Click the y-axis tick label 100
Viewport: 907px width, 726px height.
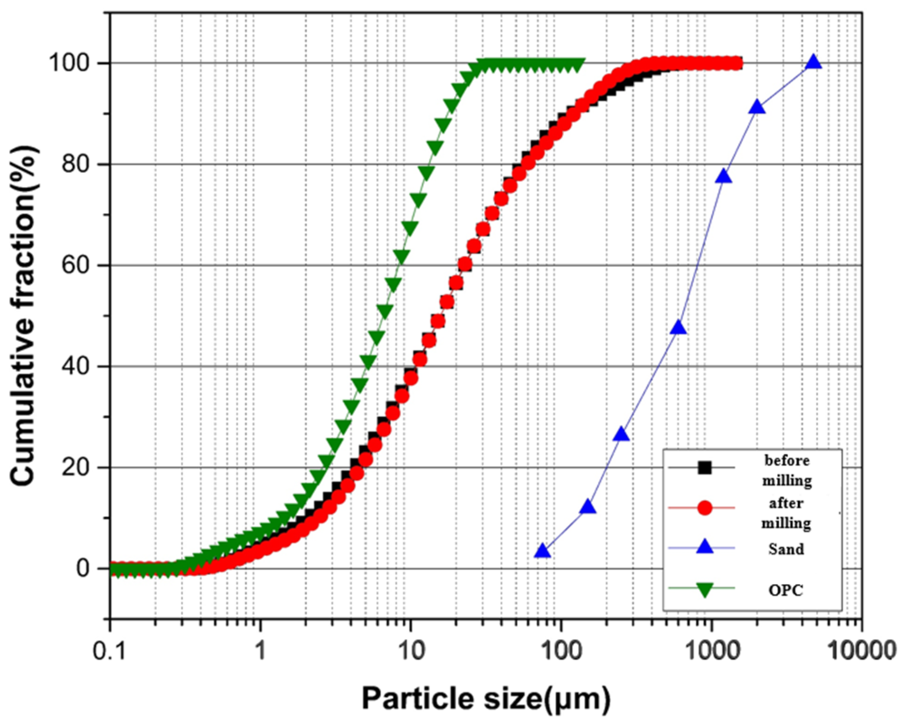click(x=69, y=62)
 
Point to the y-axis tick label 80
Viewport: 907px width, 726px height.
click(x=76, y=164)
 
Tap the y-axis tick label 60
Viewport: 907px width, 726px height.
click(x=76, y=265)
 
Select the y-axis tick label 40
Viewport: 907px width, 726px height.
click(x=76, y=366)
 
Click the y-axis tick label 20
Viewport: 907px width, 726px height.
click(x=76, y=467)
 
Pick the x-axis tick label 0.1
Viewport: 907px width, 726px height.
click(x=109, y=651)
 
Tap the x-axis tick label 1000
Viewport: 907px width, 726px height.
click(x=712, y=651)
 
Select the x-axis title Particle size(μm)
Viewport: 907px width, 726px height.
click(x=486, y=699)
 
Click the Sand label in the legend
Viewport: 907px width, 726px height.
click(x=786, y=549)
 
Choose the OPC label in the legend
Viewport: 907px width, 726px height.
click(x=786, y=590)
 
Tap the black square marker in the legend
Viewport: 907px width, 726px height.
click(x=704, y=467)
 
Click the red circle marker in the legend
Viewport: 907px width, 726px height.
click(x=704, y=508)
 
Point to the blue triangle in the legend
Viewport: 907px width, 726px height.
click(x=704, y=547)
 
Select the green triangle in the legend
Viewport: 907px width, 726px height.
click(x=704, y=589)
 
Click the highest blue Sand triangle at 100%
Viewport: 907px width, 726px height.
click(x=813, y=62)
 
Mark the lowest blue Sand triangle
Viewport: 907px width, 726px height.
click(x=543, y=552)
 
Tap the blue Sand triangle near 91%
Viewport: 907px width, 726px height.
click(x=757, y=108)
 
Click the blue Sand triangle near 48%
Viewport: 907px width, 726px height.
click(x=679, y=328)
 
